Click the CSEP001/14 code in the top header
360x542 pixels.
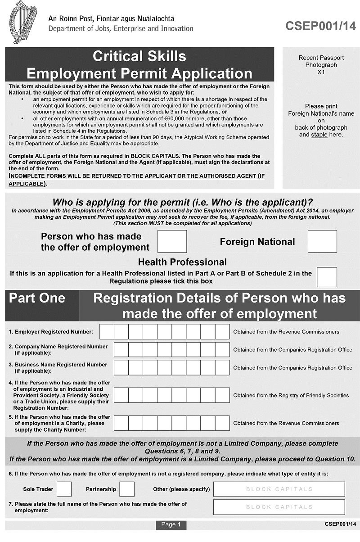tap(320, 26)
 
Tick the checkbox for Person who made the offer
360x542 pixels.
tap(172, 241)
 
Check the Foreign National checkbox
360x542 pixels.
tap(322, 241)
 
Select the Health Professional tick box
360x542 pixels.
tap(327, 277)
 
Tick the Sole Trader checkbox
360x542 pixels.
tap(64, 489)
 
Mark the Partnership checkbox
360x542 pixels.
tap(127, 489)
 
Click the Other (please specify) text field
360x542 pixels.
tap(279, 489)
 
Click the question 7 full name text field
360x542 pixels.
tap(279, 507)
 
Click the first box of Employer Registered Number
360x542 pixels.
tap(107, 332)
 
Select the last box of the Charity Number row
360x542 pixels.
tap(222, 423)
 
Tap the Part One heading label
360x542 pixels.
tap(37, 298)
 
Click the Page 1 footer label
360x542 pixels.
tap(171, 524)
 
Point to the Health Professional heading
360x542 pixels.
tap(182, 262)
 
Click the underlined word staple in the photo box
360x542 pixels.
tap(319, 135)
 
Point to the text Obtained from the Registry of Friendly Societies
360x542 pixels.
tap(291, 395)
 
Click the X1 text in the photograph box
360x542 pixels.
tap(321, 72)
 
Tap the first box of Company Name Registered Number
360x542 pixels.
tap(121, 350)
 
